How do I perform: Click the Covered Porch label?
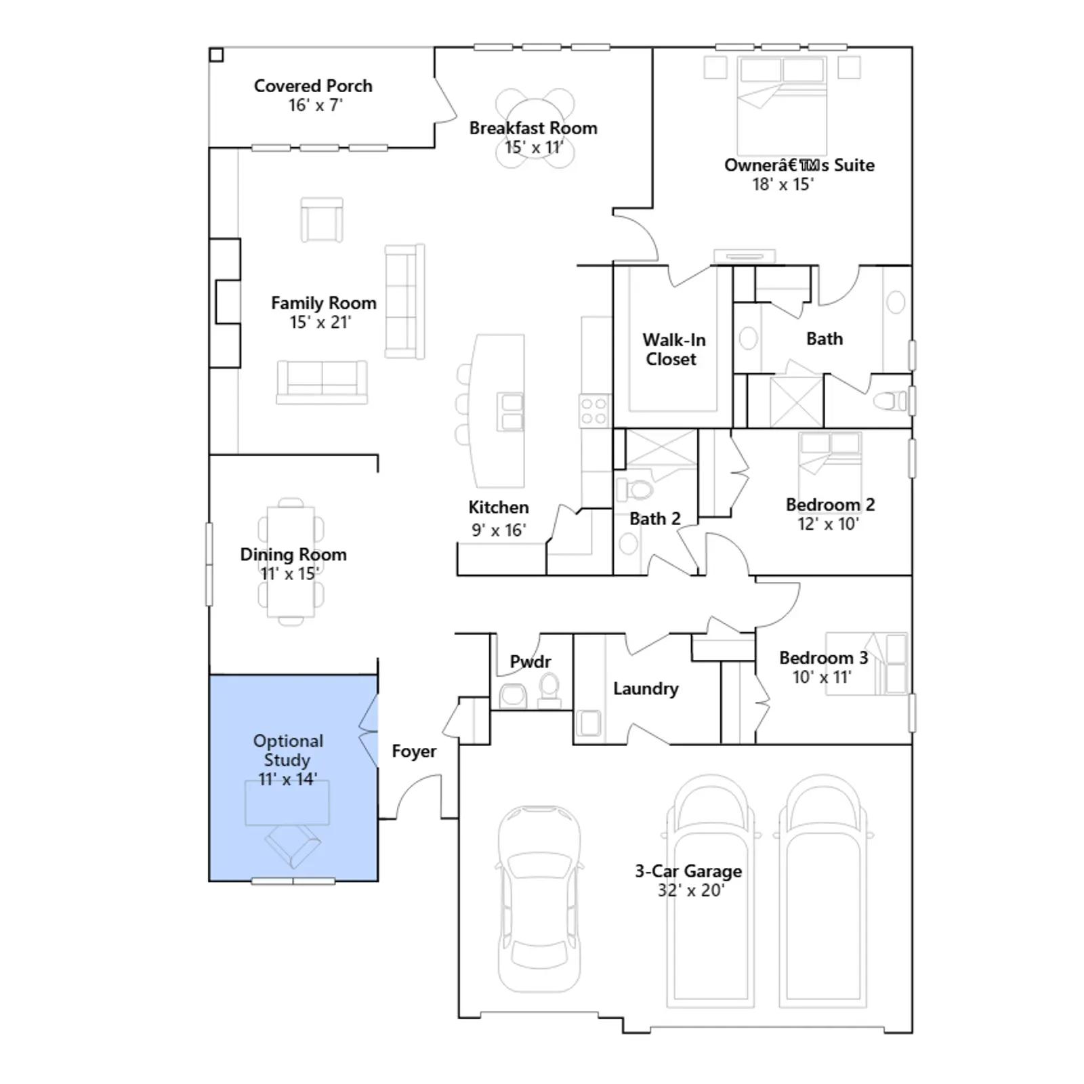click(x=313, y=86)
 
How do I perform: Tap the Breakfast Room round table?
click(x=535, y=128)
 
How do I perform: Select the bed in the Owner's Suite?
click(x=782, y=106)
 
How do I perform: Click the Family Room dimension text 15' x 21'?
click(x=320, y=322)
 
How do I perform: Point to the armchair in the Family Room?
click(x=322, y=220)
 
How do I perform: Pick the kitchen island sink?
click(x=510, y=412)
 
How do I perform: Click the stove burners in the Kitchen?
click(x=594, y=411)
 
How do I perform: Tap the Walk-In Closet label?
click(x=673, y=350)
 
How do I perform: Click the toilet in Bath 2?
click(x=634, y=488)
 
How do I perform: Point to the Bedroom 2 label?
click(x=830, y=505)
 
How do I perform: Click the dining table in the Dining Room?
click(x=291, y=562)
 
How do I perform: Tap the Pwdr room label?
click(x=530, y=661)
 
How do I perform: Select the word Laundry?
click(x=646, y=689)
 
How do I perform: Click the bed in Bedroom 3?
click(x=867, y=664)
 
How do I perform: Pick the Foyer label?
click(x=414, y=751)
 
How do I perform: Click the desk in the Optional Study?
click(x=287, y=803)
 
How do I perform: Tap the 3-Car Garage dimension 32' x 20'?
click(x=690, y=890)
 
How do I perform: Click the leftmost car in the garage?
click(x=539, y=899)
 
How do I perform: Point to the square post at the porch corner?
click(x=216, y=55)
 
